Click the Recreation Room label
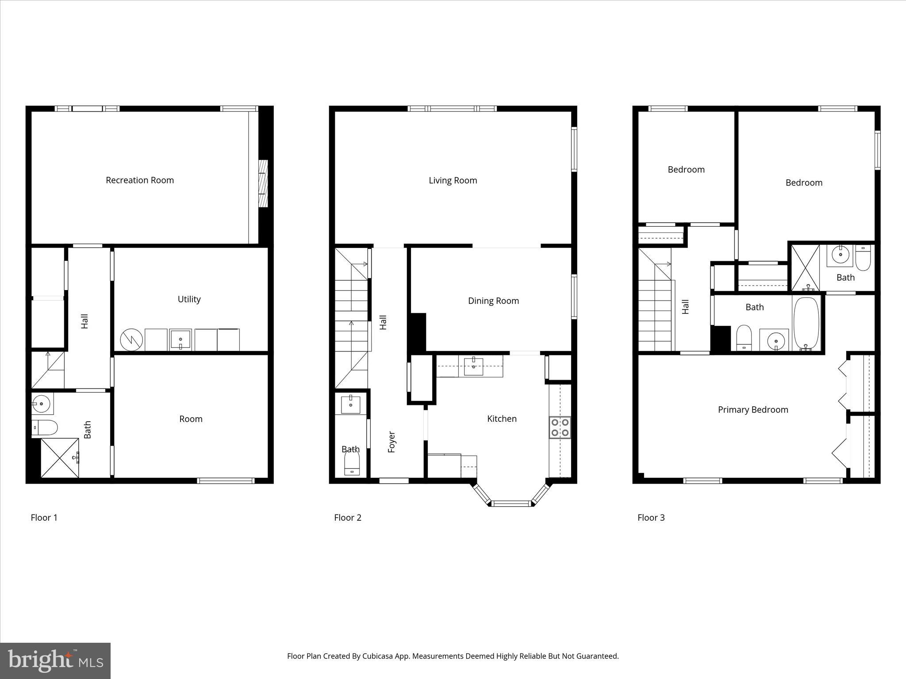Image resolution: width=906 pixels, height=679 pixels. (140, 180)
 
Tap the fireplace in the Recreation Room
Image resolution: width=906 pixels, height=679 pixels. (263, 183)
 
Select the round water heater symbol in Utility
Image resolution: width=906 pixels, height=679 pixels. (131, 339)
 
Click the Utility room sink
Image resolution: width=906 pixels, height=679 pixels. (180, 339)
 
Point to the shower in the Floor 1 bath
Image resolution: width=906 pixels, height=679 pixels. (60, 458)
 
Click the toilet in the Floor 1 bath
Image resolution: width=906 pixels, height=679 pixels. (45, 427)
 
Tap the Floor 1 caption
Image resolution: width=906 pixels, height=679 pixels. (44, 518)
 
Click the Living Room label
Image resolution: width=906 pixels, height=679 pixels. (453, 180)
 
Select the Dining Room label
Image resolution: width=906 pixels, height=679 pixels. (493, 301)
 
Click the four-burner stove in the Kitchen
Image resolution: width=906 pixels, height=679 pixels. (560, 427)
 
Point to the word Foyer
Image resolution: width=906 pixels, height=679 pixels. (392, 442)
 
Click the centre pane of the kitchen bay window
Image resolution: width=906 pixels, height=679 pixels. (511, 503)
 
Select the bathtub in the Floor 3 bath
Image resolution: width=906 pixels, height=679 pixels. (806, 324)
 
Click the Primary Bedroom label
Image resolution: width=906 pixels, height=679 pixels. (753, 410)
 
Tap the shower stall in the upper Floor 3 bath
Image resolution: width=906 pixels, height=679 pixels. (805, 267)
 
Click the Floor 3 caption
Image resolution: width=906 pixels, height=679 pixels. (651, 518)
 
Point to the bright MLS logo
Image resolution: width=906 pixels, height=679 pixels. (55, 661)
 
